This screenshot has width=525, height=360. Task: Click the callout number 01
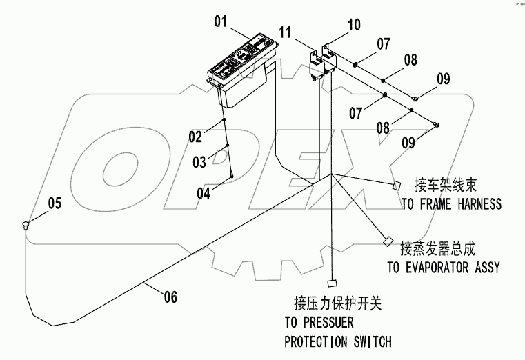220,21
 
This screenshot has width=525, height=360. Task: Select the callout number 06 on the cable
170,297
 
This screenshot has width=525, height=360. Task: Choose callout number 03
199,163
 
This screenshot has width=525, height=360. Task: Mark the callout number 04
203,194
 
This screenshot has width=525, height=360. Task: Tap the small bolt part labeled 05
26,223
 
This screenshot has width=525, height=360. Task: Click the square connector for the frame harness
397,186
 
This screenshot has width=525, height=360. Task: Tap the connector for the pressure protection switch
332,282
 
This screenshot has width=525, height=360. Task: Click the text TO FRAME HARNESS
451,204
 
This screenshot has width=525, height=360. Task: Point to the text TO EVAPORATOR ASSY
443,268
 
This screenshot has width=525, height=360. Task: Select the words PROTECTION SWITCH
337,341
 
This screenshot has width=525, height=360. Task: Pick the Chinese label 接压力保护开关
337,303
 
